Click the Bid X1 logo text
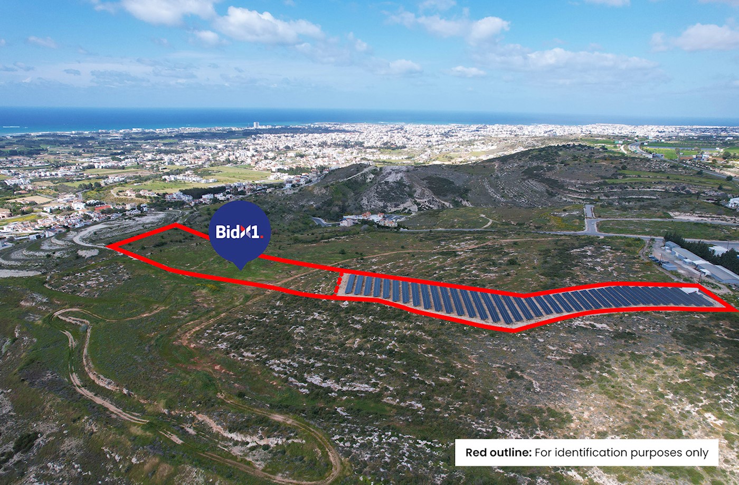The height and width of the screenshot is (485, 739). (239, 231)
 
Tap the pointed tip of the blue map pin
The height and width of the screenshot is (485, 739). (241, 269)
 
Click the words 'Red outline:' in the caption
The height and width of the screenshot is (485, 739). (498, 453)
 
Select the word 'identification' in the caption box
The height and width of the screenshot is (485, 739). (583, 453)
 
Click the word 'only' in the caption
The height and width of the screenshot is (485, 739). (697, 453)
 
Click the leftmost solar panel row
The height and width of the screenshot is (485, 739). (350, 284)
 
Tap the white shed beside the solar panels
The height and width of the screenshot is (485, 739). (689, 290)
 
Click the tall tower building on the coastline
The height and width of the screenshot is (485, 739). (256, 125)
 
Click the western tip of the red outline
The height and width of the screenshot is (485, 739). (108, 246)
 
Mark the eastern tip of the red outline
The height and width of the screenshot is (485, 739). (735, 310)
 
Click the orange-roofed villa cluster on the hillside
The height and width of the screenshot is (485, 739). (369, 219)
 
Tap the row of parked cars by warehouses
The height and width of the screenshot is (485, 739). (658, 260)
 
